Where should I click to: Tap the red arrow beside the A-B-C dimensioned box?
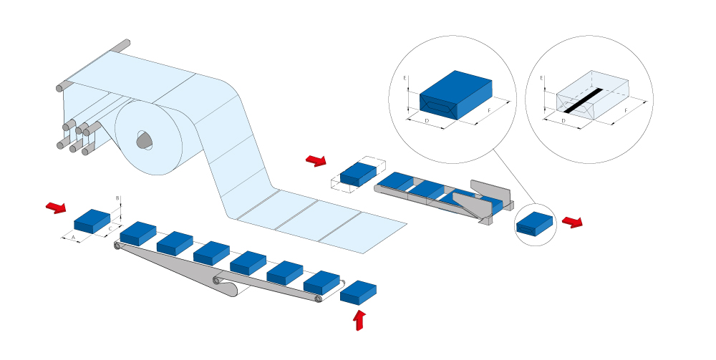(x=56, y=208)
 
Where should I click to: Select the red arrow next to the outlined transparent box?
(x=316, y=160)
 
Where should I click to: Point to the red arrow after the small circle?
(x=572, y=222)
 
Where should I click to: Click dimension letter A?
(x=73, y=238)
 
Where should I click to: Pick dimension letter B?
(x=117, y=198)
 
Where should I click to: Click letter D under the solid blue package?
(x=427, y=120)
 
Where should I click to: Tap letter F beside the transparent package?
(x=626, y=110)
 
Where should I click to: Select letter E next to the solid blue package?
(x=405, y=78)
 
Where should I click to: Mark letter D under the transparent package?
(x=563, y=120)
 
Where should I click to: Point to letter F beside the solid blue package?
(x=490, y=110)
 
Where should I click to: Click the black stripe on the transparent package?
(x=583, y=100)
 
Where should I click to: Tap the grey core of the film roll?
(x=145, y=140)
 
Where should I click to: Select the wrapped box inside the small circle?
(x=534, y=223)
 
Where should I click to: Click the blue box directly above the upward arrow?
(x=359, y=293)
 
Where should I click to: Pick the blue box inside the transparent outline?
(x=359, y=175)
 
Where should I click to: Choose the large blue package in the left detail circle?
(x=455, y=95)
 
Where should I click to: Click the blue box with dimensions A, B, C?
(x=92, y=221)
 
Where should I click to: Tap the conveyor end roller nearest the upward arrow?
(x=318, y=299)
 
